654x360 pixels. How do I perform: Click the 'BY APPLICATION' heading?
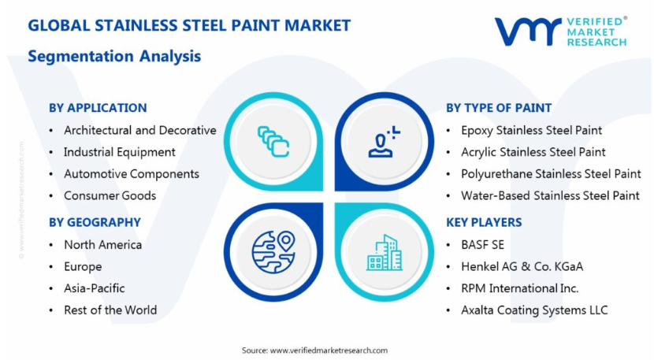(x=98, y=108)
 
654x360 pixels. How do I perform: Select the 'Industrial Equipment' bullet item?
(x=120, y=152)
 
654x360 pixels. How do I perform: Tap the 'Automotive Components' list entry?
(x=132, y=174)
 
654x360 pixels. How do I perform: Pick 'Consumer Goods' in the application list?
(x=110, y=195)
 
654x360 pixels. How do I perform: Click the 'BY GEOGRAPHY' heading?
(x=95, y=222)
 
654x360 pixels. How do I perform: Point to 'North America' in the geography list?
(x=103, y=245)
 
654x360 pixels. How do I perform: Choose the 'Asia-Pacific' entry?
(x=95, y=288)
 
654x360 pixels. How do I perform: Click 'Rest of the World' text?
(x=110, y=310)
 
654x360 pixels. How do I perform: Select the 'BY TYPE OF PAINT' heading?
(x=499, y=108)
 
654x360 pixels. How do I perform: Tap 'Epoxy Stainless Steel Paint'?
(x=531, y=131)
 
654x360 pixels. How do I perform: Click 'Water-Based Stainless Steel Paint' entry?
(x=550, y=195)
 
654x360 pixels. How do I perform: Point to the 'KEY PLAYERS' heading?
(x=484, y=222)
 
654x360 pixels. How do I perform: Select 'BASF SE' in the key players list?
(x=482, y=245)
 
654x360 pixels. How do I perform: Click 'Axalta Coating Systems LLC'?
(x=534, y=310)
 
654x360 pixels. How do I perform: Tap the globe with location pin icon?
(x=273, y=252)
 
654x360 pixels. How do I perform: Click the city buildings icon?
(x=385, y=253)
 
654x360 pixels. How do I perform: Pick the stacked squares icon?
(x=273, y=142)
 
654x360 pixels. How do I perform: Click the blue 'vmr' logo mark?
(x=528, y=31)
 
